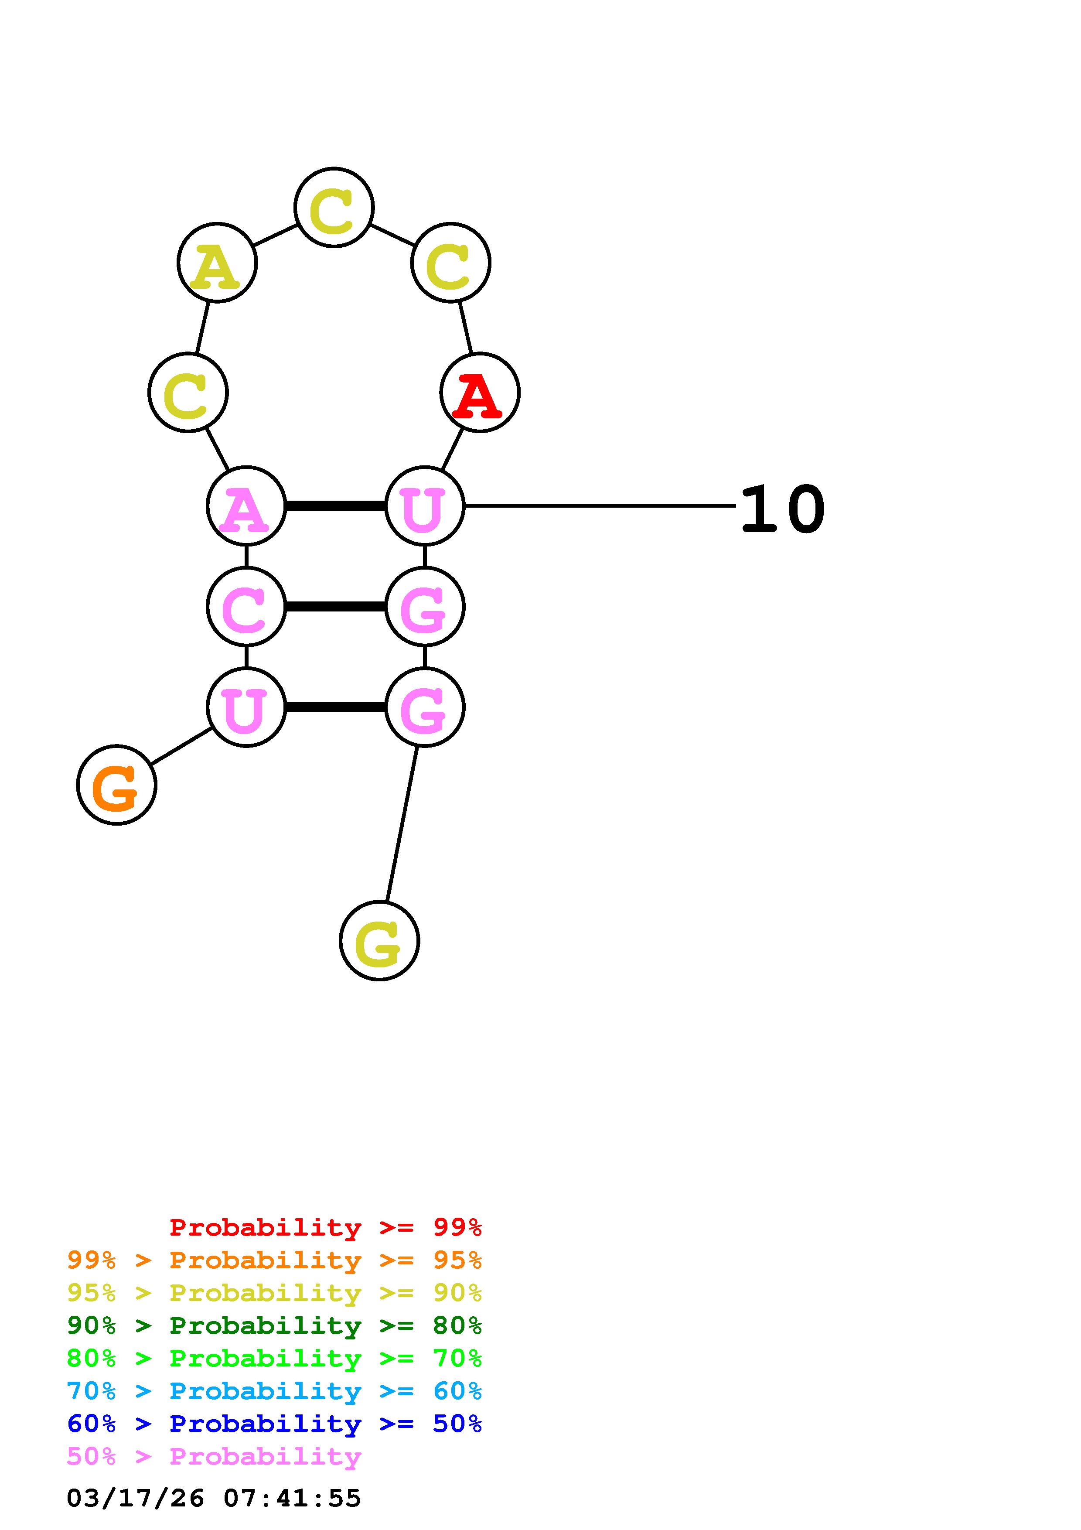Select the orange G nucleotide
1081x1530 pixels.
pos(116,785)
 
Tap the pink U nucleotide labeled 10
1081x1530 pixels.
pos(424,506)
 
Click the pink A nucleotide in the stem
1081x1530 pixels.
pos(246,506)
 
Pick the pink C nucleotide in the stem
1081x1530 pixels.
pos(246,606)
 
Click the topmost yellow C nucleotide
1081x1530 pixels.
pos(334,207)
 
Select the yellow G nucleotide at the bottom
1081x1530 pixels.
pos(379,941)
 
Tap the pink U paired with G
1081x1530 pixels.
pos(246,707)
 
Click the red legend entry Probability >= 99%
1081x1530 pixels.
pos(325,1227)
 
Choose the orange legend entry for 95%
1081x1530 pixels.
pos(274,1260)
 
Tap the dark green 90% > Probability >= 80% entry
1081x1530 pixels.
pos(274,1325)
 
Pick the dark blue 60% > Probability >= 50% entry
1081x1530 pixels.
pos(274,1424)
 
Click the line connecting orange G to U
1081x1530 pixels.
pos(181,746)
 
